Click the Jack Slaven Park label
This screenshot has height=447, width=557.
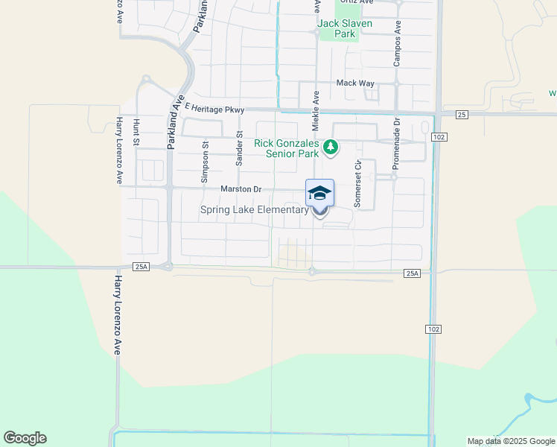(x=345, y=28)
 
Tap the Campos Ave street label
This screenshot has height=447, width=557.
(x=398, y=43)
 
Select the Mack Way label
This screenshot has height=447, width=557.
(x=355, y=83)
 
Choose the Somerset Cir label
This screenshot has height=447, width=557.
(x=358, y=184)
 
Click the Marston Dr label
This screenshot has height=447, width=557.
(x=241, y=189)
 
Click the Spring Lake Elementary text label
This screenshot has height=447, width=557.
(x=254, y=210)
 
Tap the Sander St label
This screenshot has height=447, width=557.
(x=240, y=148)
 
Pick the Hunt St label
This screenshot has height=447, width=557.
(x=136, y=131)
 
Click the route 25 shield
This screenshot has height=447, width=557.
(x=462, y=115)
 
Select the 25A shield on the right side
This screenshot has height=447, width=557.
(x=413, y=274)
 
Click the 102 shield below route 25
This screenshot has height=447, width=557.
(x=439, y=137)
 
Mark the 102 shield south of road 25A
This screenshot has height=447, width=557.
(x=434, y=329)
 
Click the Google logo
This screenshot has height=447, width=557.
(x=25, y=438)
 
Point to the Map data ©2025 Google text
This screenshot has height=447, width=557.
(x=511, y=441)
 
